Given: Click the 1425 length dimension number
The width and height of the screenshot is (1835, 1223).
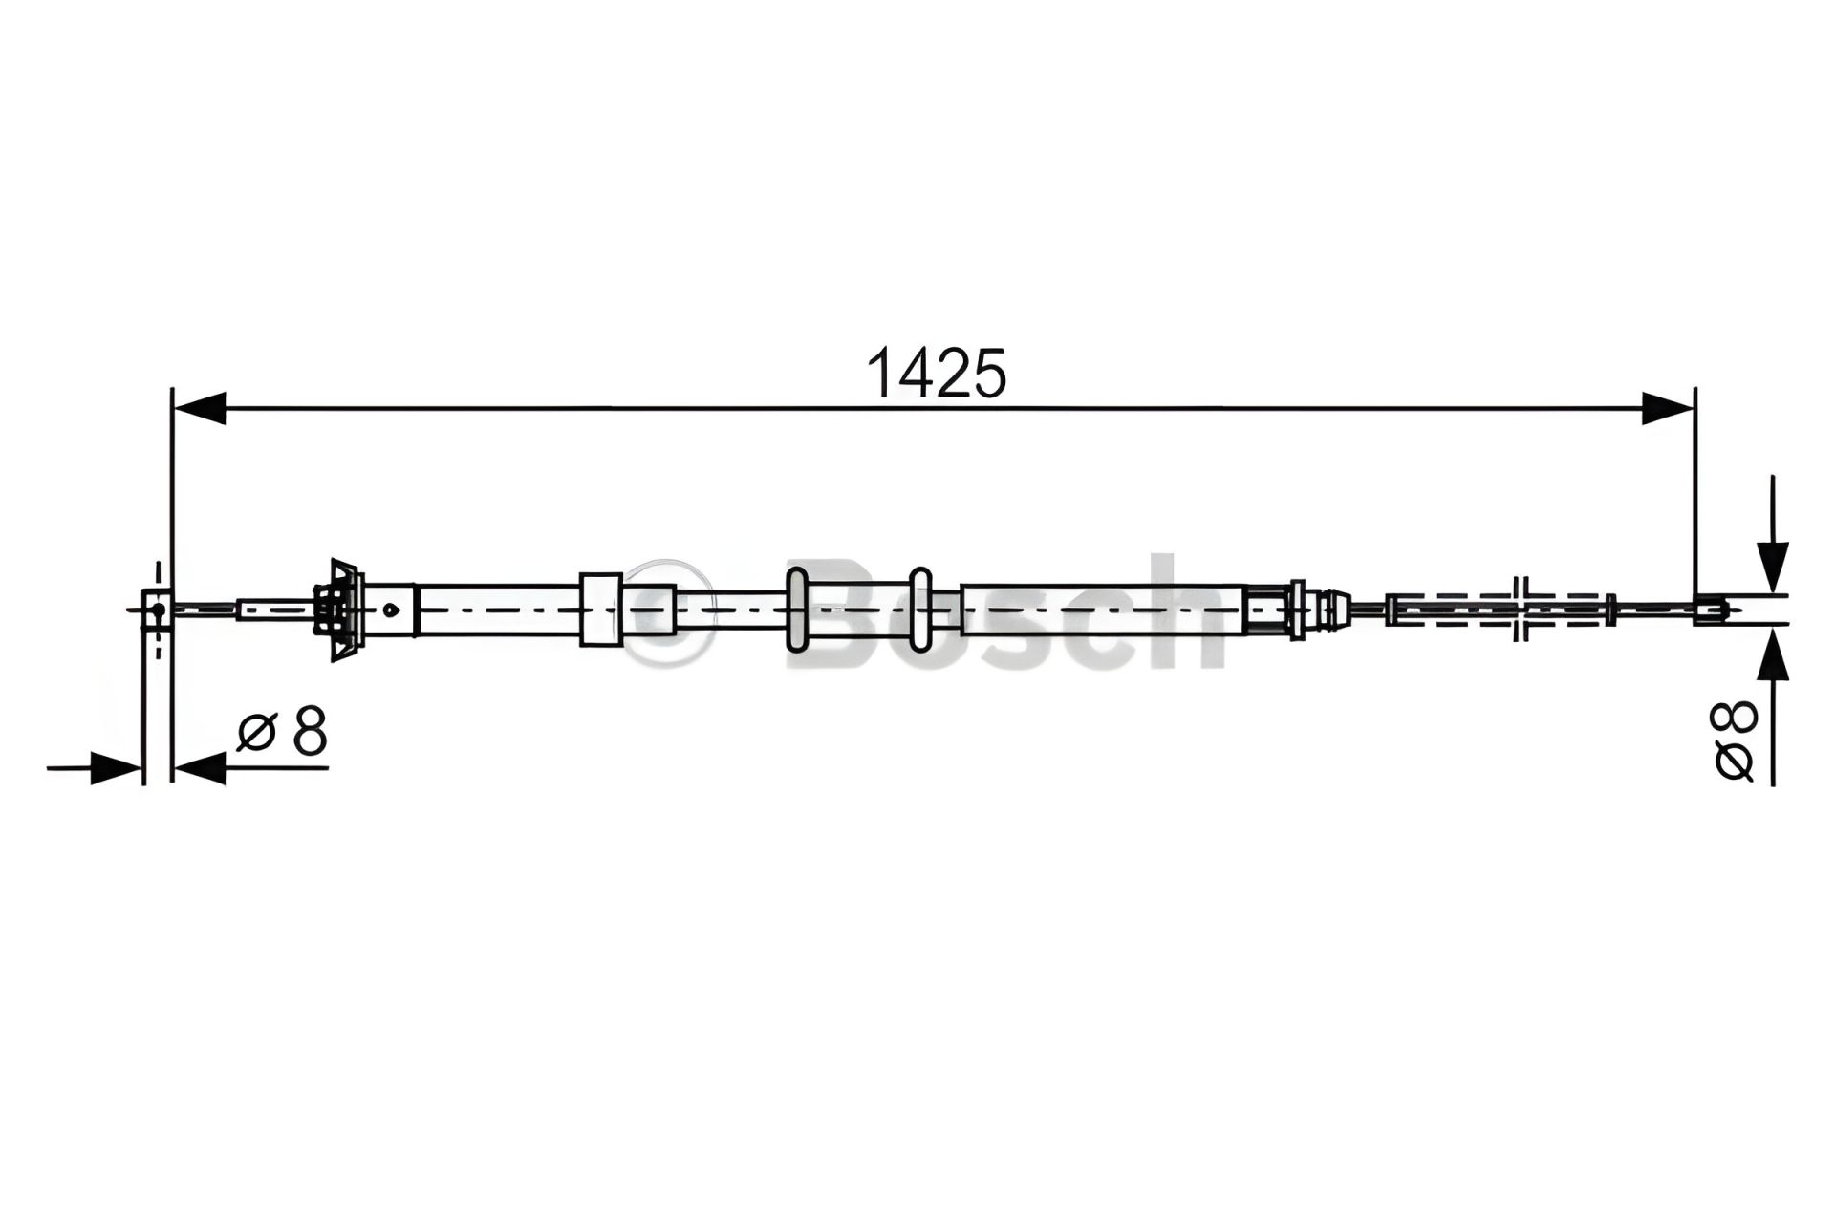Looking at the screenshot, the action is coord(936,373).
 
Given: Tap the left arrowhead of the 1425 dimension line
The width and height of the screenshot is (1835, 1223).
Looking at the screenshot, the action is coord(199,408).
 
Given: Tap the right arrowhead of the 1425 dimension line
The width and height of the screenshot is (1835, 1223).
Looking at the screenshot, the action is coord(1668,408).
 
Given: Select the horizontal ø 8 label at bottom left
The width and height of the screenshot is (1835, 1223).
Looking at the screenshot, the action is coord(282,732).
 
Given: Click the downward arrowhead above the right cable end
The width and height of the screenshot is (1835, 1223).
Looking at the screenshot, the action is coord(1773,567).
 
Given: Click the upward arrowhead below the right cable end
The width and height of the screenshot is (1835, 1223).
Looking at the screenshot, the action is coord(1773,653).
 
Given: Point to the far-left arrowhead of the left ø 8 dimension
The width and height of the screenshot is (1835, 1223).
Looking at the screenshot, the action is coord(117,768).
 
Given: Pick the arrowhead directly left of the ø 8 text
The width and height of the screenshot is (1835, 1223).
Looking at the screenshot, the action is coord(199,768).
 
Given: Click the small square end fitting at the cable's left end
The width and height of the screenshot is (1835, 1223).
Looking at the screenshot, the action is coord(157,609).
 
